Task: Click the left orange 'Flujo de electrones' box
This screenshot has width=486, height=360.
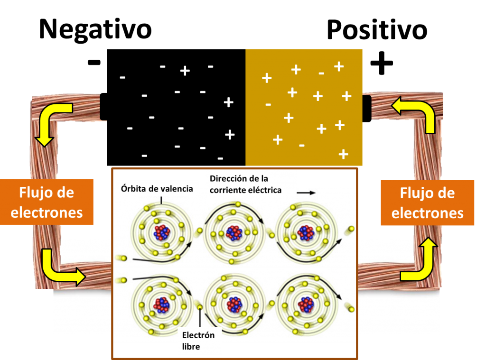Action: pos(47,202)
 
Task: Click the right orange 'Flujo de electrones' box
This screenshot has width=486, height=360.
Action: pos(427,203)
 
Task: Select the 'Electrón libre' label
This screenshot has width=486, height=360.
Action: pos(198,341)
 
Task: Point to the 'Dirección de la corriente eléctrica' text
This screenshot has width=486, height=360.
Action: pos(246,184)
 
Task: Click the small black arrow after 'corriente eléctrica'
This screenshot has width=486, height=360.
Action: pos(306,193)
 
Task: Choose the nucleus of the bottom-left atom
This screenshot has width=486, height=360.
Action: pos(162,304)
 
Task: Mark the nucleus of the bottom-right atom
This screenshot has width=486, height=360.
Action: pos(306,304)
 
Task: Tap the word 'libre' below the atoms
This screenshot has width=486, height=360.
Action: pos(191,347)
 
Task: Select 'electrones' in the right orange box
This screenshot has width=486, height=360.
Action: pos(427,213)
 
